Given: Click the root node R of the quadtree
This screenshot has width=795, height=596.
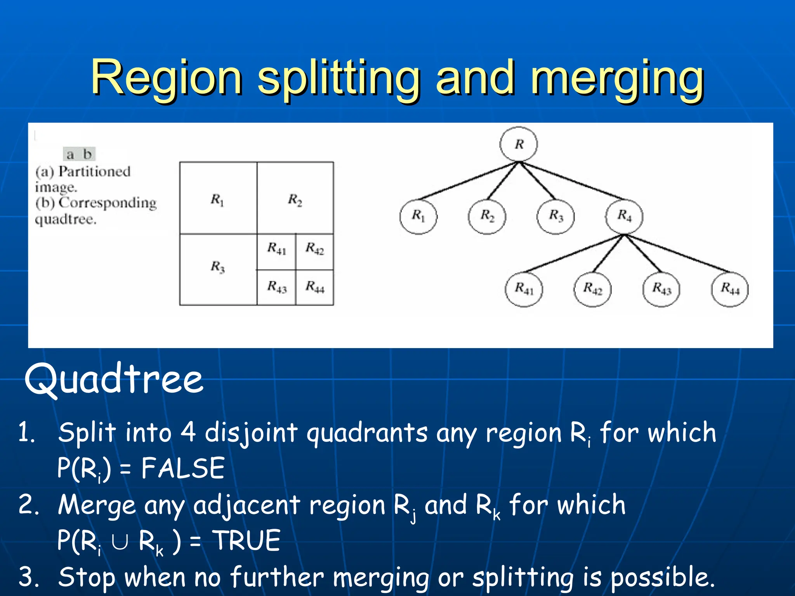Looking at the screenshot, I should coord(519,144).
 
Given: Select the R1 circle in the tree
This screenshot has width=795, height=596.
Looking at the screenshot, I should coord(418,216).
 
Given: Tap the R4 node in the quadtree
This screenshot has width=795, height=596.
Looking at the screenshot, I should coord(624,216).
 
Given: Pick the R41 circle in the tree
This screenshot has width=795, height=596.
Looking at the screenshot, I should coord(524,289).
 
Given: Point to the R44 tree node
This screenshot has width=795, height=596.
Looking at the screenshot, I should coord(730,289).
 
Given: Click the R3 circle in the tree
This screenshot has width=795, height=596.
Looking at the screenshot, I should coord(555,216).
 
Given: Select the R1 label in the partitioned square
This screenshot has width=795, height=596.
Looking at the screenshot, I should coord(217,200).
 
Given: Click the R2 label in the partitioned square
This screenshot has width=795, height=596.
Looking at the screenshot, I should coord(295,200).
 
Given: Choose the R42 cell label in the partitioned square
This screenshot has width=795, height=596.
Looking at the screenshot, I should coord(314,248).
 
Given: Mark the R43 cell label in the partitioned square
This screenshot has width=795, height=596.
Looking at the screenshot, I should coord(277,287).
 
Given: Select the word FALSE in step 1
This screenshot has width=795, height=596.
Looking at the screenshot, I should coord(183,468).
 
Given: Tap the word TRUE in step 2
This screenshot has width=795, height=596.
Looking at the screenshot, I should coord(247,540).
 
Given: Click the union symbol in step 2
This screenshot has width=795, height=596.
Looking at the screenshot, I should coord(119,542).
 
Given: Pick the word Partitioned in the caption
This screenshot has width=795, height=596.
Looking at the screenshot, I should coord(94,171).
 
